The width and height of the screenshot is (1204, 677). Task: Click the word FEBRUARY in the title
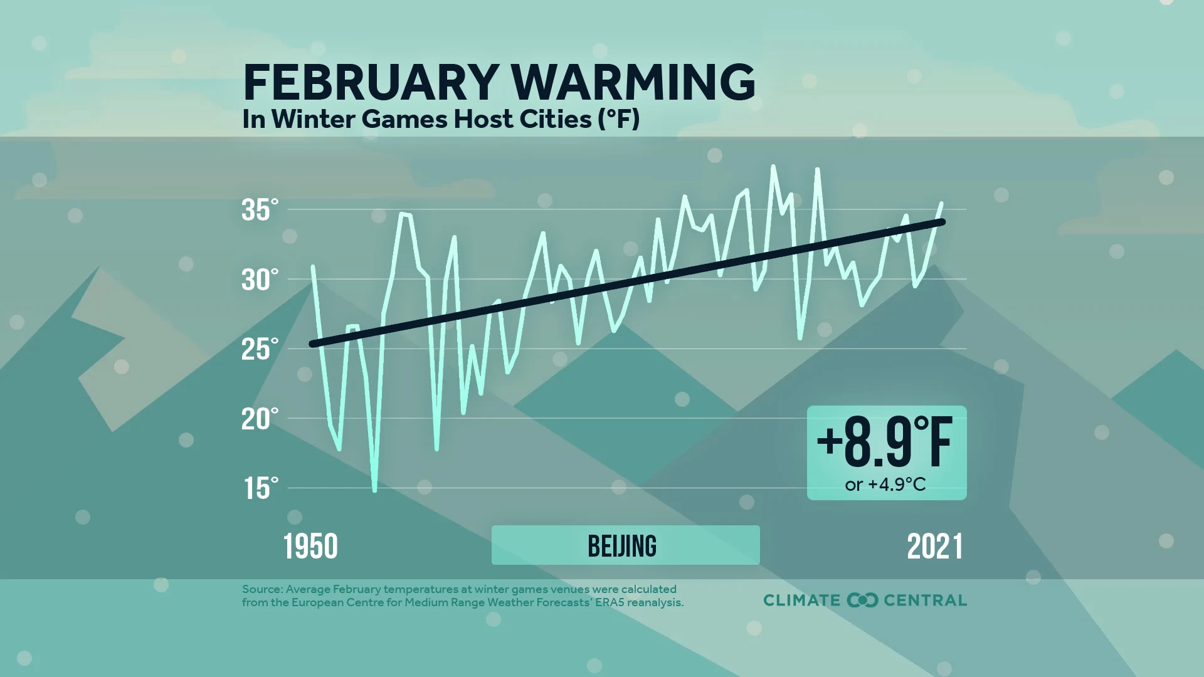(371, 83)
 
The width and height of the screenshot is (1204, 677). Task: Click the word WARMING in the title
(633, 83)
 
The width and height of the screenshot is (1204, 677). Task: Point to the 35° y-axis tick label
(260, 210)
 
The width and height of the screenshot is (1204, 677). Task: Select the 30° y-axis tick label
(260, 280)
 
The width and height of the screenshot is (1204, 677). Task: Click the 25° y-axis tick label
(260, 349)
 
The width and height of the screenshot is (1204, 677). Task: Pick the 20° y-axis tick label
(260, 419)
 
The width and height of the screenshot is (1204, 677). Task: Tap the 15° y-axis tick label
(260, 488)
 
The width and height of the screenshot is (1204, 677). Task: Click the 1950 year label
(310, 547)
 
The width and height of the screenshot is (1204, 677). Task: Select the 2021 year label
(935, 547)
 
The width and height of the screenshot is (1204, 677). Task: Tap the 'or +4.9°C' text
(885, 485)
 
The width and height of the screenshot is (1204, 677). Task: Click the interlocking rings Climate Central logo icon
(862, 600)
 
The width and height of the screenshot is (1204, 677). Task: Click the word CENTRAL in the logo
(925, 600)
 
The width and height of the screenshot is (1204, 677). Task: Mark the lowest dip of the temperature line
(375, 490)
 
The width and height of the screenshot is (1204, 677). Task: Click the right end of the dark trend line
(942, 222)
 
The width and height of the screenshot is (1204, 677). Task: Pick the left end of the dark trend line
(312, 344)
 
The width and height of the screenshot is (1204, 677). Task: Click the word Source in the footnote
(261, 589)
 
